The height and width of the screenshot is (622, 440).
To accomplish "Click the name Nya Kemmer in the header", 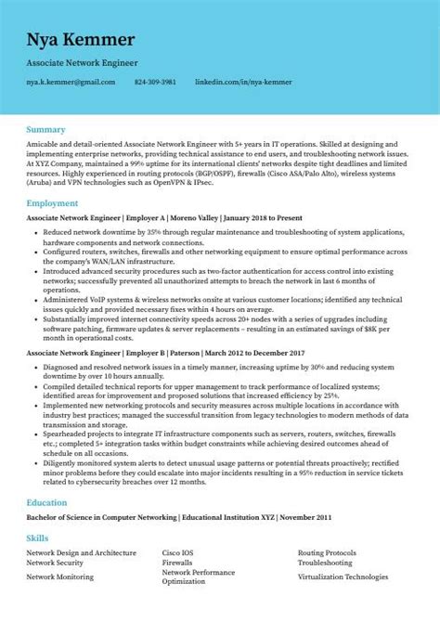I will click(x=81, y=39).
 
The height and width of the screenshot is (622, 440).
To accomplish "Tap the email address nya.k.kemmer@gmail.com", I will click(x=71, y=82).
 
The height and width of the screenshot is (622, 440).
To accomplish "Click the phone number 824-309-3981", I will click(x=155, y=82).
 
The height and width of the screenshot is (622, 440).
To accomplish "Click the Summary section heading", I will click(x=45, y=129).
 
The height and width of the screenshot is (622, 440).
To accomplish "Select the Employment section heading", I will click(x=52, y=202).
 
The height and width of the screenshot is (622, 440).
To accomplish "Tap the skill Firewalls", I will click(x=177, y=563).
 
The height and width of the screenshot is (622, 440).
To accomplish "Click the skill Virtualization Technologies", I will click(x=343, y=577).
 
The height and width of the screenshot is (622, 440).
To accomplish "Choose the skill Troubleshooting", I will click(x=325, y=563).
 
